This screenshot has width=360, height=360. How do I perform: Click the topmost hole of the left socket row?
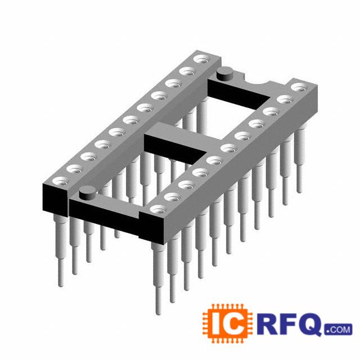tap(202, 59)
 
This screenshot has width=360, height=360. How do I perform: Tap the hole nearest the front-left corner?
tap(61, 181)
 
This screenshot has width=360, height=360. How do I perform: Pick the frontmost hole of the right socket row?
tap(158, 209)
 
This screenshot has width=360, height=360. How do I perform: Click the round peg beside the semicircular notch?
tap(225, 74)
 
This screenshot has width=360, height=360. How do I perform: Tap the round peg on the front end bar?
tap(87, 192)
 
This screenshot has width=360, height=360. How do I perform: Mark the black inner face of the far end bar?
tap(238, 92)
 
